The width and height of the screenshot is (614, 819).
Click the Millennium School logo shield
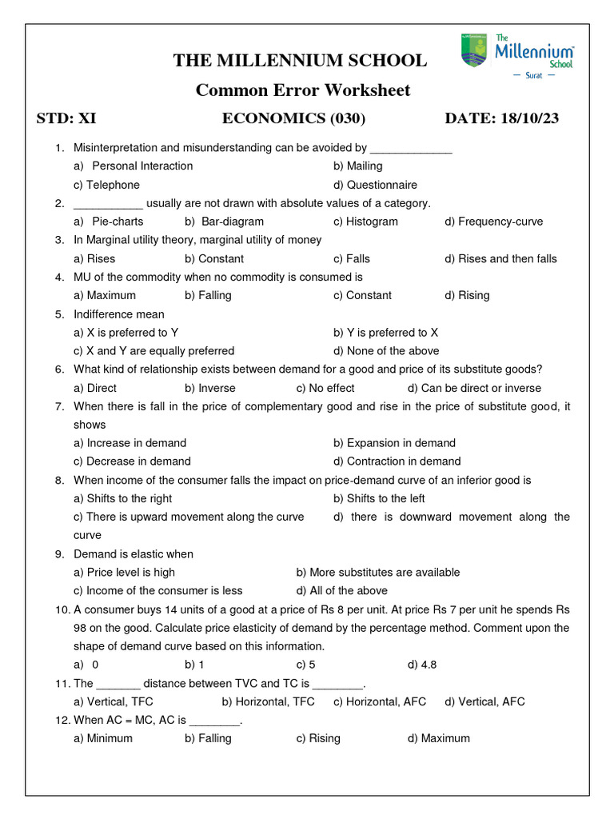474,50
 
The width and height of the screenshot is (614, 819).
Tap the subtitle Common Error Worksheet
303,90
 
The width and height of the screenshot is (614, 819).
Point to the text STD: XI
66,119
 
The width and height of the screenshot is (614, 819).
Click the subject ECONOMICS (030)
293,119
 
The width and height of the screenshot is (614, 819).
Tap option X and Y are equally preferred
153,350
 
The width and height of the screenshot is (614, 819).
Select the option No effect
325,388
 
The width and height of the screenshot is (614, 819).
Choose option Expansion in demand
394,443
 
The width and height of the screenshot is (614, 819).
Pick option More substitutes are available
377,573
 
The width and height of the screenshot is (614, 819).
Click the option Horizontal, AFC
380,701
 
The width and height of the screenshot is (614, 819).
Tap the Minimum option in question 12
103,738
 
